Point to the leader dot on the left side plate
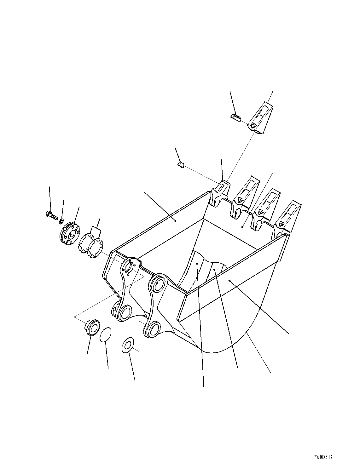176,221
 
